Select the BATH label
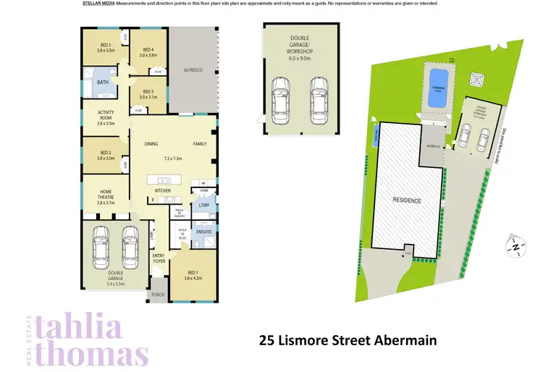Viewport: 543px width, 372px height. click(x=103, y=83)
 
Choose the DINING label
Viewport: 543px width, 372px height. click(x=151, y=143)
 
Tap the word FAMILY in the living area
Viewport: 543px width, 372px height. click(x=199, y=143)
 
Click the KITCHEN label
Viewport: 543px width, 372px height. click(x=163, y=190)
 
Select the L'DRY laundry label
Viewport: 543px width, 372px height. click(x=203, y=205)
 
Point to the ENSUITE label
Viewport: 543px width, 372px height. click(x=203, y=232)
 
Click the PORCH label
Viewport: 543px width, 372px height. click(x=158, y=295)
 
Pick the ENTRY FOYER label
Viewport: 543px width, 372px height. click(x=159, y=258)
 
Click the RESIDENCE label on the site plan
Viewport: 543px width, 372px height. click(x=406, y=200)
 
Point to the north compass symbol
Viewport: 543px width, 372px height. click(x=515, y=247)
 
